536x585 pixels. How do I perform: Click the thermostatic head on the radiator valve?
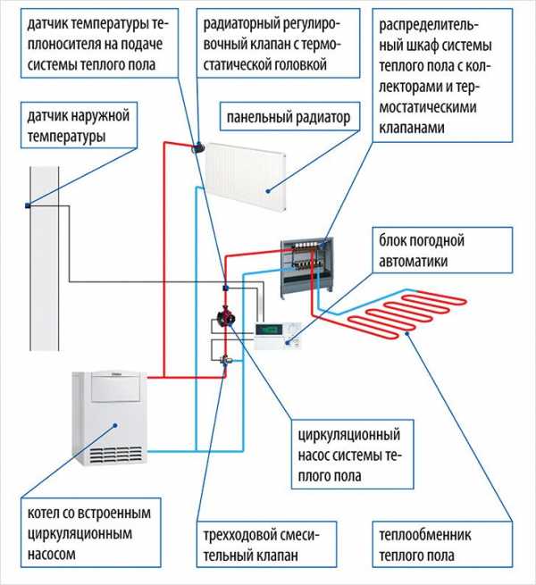(x=197, y=146)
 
